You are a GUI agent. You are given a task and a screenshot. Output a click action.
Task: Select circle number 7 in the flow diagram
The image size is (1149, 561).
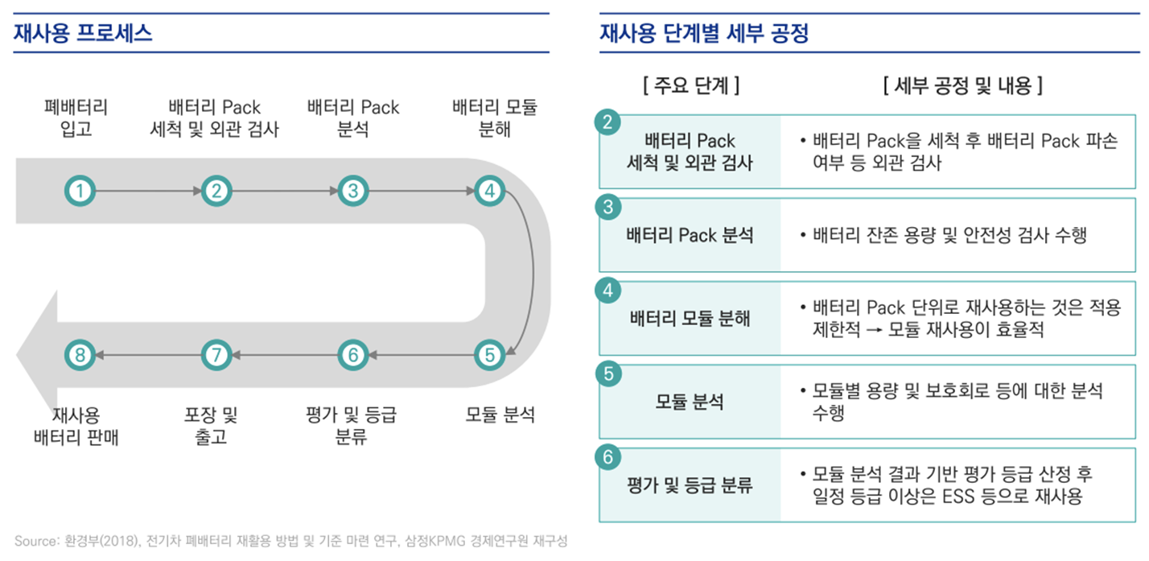click(x=216, y=354)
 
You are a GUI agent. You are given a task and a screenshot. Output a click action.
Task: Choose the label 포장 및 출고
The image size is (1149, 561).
click(x=211, y=427)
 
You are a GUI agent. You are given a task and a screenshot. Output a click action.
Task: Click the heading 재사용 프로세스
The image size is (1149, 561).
click(x=83, y=34)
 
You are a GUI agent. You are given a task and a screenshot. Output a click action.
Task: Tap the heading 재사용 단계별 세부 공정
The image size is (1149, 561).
click(x=704, y=34)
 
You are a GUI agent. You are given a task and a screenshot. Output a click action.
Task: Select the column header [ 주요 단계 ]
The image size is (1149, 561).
click(x=691, y=85)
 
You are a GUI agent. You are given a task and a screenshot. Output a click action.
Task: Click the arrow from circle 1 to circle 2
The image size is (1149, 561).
click(x=148, y=191)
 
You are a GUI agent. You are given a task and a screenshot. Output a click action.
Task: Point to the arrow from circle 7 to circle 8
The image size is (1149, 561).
click(x=148, y=354)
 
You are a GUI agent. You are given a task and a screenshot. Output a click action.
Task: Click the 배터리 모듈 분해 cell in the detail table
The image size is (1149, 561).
click(x=690, y=318)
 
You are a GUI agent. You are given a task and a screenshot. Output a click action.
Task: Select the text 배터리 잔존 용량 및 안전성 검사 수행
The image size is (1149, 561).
click(x=949, y=235)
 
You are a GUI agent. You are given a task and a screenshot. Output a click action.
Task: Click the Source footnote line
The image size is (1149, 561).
click(x=290, y=541)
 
